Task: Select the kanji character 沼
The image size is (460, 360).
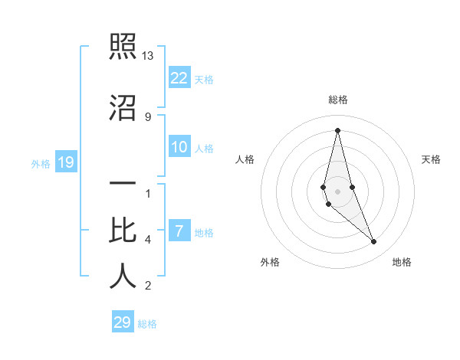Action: (123, 108)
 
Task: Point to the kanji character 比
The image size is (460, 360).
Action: (123, 231)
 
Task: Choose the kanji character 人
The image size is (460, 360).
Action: (123, 277)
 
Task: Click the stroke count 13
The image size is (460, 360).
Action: (148, 56)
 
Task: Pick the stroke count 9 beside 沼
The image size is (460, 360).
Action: (148, 116)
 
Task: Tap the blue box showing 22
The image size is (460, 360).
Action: (179, 77)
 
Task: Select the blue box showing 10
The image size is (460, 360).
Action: (179, 147)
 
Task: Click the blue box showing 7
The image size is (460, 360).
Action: (179, 231)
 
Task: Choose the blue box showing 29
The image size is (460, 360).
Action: (123, 322)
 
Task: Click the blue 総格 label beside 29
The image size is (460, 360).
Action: (147, 324)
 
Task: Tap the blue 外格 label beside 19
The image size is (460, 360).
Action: (41, 163)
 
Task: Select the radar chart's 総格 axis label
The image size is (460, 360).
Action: (337, 100)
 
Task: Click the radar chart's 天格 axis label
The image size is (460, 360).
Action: (432, 159)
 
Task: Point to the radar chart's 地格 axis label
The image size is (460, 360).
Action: (402, 262)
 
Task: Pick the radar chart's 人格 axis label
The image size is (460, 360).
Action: (245, 159)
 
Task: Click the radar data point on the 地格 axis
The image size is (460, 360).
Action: (374, 242)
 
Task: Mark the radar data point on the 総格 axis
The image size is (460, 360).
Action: (337, 130)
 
